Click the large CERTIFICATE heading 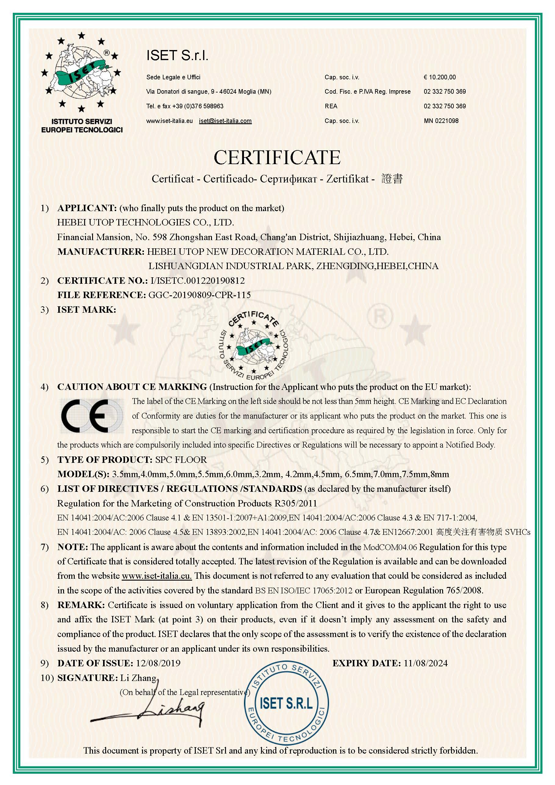(277, 157)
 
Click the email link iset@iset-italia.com (225, 121)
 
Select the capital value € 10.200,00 (439, 77)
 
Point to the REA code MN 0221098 (441, 121)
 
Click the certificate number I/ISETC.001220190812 (198, 281)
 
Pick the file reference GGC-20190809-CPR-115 (199, 295)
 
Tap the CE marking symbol (92, 416)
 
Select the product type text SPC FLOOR (181, 460)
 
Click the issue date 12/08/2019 (158, 663)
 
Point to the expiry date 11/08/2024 (425, 663)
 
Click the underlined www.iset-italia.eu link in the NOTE (156, 576)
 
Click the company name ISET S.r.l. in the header (177, 56)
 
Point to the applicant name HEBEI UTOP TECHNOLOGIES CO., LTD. (145, 223)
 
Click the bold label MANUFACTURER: (101, 252)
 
